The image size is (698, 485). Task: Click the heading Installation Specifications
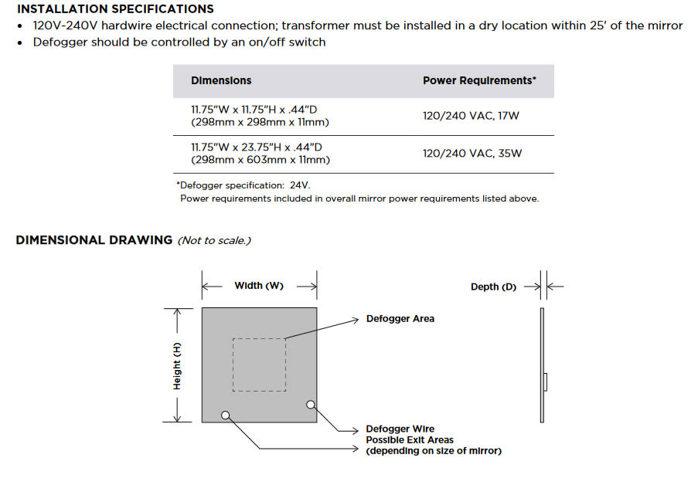pyautogui.click(x=115, y=9)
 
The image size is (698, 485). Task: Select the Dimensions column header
pyautogui.click(x=221, y=80)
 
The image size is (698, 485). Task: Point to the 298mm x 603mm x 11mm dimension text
pyautogui.click(x=260, y=160)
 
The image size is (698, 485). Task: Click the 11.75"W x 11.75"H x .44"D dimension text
pyautogui.click(x=257, y=109)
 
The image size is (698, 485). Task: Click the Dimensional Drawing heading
pyautogui.click(x=94, y=240)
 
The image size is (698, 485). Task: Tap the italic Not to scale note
pyautogui.click(x=214, y=241)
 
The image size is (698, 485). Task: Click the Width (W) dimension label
pyautogui.click(x=259, y=286)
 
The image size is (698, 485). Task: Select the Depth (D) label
pyautogui.click(x=493, y=287)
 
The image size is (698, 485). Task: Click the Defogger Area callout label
pyautogui.click(x=400, y=318)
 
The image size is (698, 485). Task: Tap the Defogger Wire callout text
pyautogui.click(x=400, y=429)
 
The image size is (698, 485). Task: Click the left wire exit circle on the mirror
pyautogui.click(x=226, y=415)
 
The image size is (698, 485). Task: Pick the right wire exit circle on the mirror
pyautogui.click(x=310, y=404)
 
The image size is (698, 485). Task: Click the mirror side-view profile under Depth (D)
pyautogui.click(x=543, y=365)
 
